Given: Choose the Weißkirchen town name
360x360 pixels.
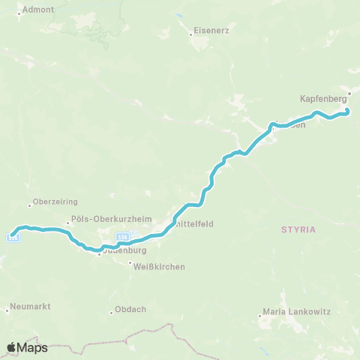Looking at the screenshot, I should pyautogui.click(x=160, y=266).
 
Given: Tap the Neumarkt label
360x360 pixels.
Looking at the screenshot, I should pyautogui.click(x=30, y=308).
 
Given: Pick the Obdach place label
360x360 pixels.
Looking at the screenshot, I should pyautogui.click(x=129, y=312).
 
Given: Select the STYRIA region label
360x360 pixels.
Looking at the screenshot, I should pyautogui.click(x=298, y=229).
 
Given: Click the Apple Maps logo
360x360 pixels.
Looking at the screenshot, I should pyautogui.click(x=27, y=347).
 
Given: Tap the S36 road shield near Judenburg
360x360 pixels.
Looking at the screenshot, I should pyautogui.click(x=123, y=237).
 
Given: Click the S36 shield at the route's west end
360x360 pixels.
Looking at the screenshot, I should pyautogui.click(x=13, y=238).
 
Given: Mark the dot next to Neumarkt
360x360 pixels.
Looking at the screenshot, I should pyautogui.click(x=7, y=308).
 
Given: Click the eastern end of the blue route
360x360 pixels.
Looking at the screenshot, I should pyautogui.click(x=347, y=112).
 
